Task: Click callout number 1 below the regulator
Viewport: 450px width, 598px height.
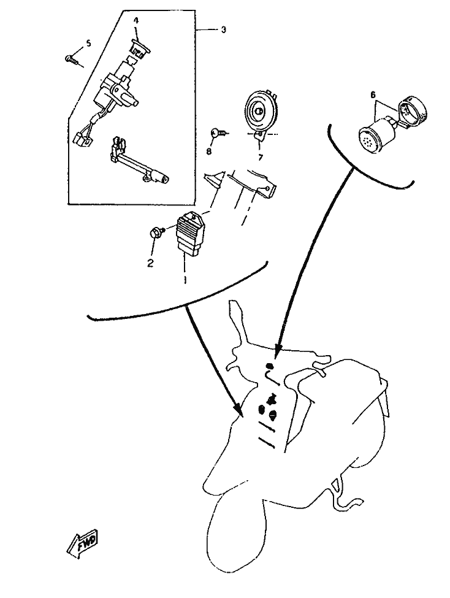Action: tap(185, 278)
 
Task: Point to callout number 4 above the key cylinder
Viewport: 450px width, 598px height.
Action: tap(136, 20)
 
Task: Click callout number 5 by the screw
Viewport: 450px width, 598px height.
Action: tap(88, 43)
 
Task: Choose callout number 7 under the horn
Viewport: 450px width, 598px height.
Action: tap(260, 157)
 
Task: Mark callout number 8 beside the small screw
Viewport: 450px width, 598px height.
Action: tap(208, 151)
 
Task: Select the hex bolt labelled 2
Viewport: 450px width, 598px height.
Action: tap(156, 232)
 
